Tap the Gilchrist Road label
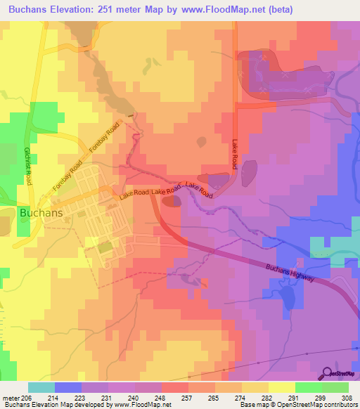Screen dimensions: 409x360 (27, 166)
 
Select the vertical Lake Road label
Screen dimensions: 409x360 (235, 153)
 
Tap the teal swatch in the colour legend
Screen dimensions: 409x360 (41, 387)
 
